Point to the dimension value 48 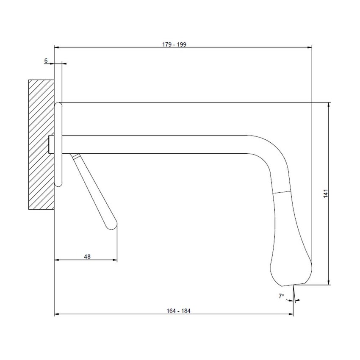pos(87,257)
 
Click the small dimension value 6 pos(46,61)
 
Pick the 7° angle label pos(281,296)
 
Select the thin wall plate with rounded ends pos(59,144)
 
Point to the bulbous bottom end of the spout pos(291,269)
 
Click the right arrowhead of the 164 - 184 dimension pos(291,314)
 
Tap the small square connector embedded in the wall pos(52,144)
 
